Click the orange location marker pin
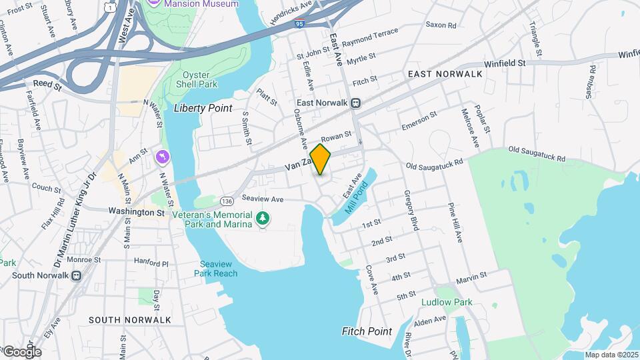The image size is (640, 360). pyautogui.click(x=321, y=159)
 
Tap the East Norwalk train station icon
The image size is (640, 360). pyautogui.click(x=356, y=103)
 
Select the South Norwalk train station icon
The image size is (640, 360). pyautogui.click(x=76, y=275)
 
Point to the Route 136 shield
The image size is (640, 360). pyautogui.click(x=227, y=201)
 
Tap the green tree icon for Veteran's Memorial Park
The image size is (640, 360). pyautogui.click(x=263, y=219)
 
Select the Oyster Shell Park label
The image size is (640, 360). pyautogui.click(x=193, y=79)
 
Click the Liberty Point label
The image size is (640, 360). pyautogui.click(x=203, y=108)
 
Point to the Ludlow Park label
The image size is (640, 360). pyautogui.click(x=447, y=302)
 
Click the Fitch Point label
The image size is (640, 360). pyautogui.click(x=367, y=331)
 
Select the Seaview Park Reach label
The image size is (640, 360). pyautogui.click(x=216, y=267)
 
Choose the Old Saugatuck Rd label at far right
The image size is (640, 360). pyautogui.click(x=536, y=154)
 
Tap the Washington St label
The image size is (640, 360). pyautogui.click(x=136, y=212)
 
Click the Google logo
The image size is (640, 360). pyautogui.click(x=21, y=351)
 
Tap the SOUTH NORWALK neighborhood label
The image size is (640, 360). pyautogui.click(x=130, y=320)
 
